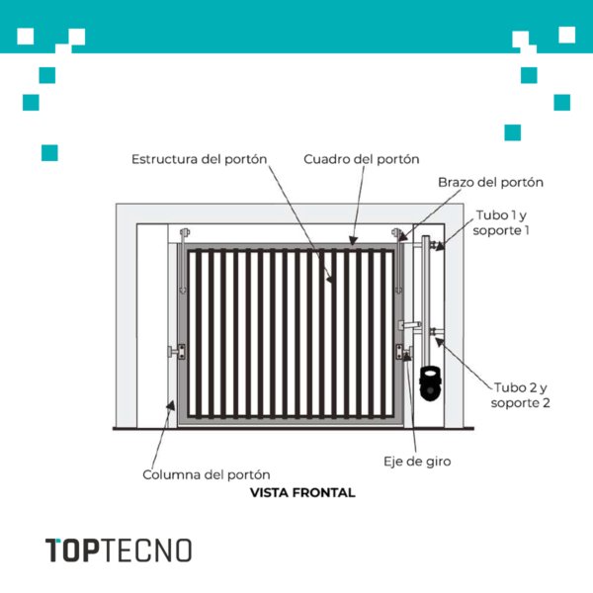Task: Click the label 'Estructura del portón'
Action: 200,159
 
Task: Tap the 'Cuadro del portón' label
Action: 362,159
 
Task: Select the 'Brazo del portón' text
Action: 490,182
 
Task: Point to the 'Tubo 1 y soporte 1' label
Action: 501,222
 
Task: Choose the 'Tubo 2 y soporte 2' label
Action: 521,395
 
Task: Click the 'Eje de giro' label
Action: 417,462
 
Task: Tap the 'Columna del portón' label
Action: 207,474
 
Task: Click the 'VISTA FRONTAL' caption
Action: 302,493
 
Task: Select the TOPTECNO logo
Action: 119,551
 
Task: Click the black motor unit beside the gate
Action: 430,383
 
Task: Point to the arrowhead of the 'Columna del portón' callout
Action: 171,405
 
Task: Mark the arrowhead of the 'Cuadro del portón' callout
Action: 353,240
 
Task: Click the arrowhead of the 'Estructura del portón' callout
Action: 330,279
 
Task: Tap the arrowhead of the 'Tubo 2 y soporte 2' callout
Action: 439,342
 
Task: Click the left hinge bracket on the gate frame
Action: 177,352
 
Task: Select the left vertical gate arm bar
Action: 184,261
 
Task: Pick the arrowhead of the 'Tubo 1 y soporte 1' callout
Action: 440,246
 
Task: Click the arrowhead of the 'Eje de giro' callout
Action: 407,357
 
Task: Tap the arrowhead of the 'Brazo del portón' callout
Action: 402,237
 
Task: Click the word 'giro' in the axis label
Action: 438,462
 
